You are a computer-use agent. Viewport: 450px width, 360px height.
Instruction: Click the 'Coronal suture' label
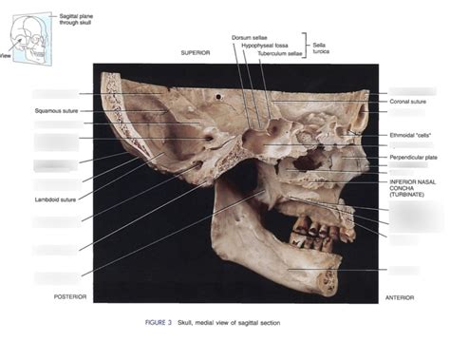407,101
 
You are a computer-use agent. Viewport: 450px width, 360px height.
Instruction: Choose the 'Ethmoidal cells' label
410,136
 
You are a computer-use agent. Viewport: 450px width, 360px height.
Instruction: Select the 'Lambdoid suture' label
52,199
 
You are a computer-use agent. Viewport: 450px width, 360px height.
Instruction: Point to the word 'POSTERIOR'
70,296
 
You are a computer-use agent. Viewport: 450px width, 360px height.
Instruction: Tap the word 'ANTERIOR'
399,296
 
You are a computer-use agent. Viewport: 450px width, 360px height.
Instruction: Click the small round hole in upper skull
221,96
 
